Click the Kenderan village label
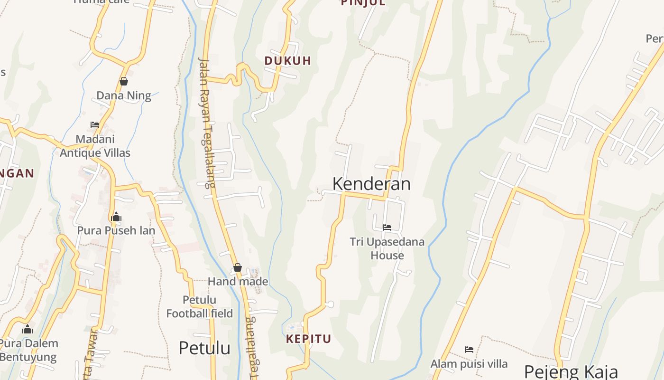click(371, 184)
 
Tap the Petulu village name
click(204, 348)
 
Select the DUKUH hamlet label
click(288, 61)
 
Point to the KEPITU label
click(308, 339)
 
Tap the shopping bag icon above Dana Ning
click(124, 81)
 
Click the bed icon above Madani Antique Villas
click(95, 125)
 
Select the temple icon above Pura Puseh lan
click(116, 217)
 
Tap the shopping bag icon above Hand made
click(238, 268)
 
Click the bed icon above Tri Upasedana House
click(387, 228)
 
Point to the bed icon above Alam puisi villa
click(469, 350)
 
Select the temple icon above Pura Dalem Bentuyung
click(28, 329)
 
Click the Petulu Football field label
click(200, 307)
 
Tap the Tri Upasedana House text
click(387, 248)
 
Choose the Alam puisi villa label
click(469, 364)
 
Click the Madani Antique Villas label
click(95, 146)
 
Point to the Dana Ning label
click(124, 95)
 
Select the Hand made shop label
click(238, 282)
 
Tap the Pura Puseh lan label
click(116, 230)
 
